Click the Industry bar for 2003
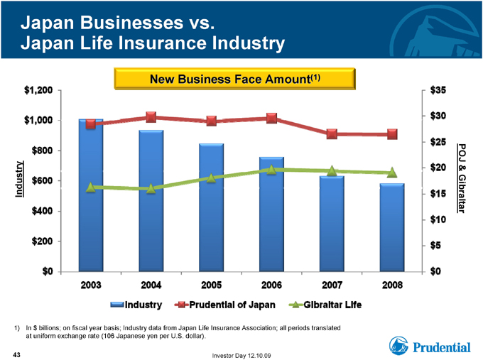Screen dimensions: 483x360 tap(91, 195)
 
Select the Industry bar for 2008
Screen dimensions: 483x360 tap(392, 228)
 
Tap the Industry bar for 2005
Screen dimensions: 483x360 tap(212, 207)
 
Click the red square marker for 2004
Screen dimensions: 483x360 tap(151, 117)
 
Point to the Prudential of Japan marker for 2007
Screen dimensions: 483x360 tap(332, 134)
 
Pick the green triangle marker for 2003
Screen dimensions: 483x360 tap(91, 187)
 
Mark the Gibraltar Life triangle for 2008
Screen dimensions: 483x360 tap(392, 173)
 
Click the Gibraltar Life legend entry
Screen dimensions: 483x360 tap(325, 305)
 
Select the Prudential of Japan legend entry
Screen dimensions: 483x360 tap(225, 305)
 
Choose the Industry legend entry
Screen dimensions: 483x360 tap(136, 305)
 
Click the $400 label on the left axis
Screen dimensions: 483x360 tap(42, 211)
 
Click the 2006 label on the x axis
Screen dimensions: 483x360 tap(271, 285)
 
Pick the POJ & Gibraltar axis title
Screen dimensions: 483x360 tap(461, 178)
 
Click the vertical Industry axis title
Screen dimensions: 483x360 tap(19, 179)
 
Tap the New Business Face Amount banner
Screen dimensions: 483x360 tap(234, 79)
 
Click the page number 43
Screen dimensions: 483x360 tap(16, 355)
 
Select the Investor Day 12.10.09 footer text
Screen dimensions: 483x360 tap(241, 356)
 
